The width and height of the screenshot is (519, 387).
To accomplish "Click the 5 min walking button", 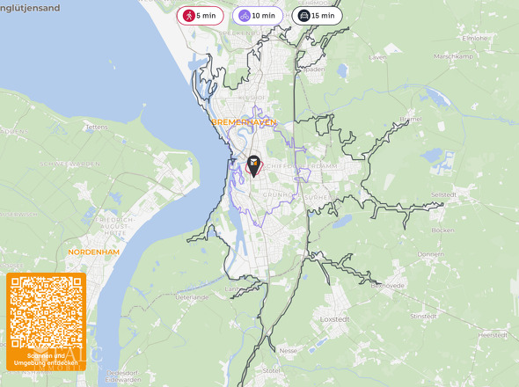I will [201, 15].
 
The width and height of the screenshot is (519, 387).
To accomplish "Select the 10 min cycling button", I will [256, 15].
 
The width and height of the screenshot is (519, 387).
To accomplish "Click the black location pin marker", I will [253, 164].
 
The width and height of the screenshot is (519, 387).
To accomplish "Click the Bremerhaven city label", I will [244, 122].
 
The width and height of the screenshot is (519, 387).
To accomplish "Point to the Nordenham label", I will [92, 252].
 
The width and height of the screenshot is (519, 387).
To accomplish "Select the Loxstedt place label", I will [335, 318].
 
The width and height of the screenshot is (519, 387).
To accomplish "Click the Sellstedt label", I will [445, 193].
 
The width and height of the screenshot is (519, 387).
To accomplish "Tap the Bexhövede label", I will [387, 285].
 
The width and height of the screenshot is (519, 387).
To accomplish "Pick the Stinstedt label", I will [424, 316].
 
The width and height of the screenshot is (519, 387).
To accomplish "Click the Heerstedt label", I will [493, 335].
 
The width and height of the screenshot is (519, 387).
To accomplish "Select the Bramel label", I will [411, 118].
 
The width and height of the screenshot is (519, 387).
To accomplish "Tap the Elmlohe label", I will [475, 38].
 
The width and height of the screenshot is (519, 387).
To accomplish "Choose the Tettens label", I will [95, 127].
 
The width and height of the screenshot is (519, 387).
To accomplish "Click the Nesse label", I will [288, 350].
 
